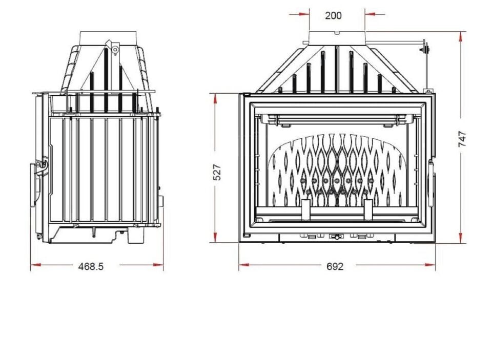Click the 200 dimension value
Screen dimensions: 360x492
(333, 15)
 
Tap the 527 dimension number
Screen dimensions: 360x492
(217, 172)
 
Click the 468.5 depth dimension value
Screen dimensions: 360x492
(91, 266)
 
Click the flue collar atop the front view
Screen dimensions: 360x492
(337, 37)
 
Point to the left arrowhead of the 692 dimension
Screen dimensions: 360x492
(242, 265)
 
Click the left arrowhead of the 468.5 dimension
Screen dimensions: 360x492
(34, 265)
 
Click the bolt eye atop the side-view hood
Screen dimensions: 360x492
(116, 50)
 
